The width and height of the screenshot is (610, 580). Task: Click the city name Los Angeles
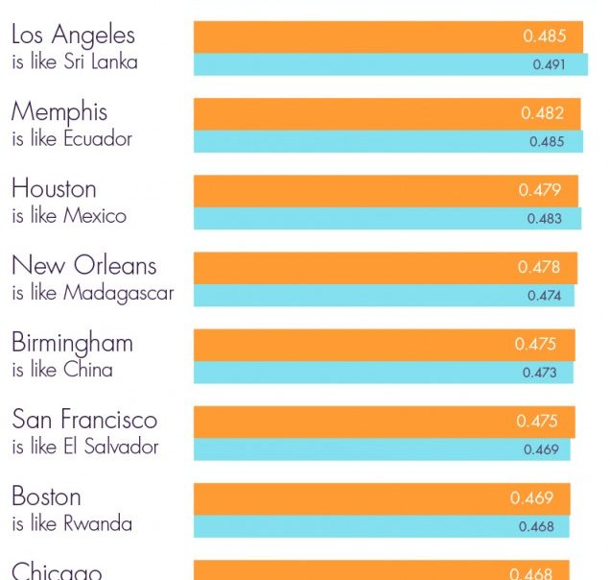coord(73,36)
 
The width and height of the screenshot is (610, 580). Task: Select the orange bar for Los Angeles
coord(355,36)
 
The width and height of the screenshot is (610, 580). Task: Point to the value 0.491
coord(549,65)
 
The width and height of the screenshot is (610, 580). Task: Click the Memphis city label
coord(59,112)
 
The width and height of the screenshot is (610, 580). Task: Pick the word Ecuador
coord(98,139)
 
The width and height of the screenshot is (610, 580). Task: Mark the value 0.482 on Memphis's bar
coord(542,113)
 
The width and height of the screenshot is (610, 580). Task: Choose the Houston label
coord(54,189)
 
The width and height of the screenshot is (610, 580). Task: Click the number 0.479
coord(540,190)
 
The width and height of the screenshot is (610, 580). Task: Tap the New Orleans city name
coord(83,266)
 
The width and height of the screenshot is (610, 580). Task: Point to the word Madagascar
coord(119,293)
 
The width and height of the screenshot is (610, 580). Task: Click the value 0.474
coord(544,296)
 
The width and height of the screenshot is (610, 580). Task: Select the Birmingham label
coord(72,343)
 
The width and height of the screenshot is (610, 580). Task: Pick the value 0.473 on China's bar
coord(540,373)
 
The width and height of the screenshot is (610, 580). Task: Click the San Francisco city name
coord(83,420)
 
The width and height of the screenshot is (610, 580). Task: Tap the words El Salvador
coord(111,447)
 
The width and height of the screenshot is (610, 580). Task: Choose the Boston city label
coord(46,496)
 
